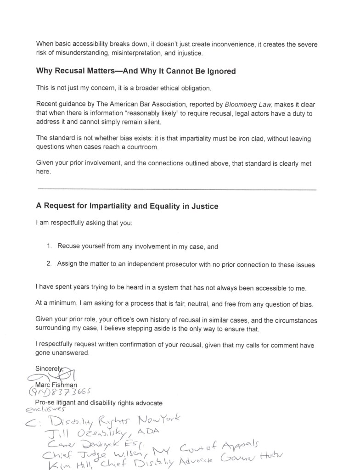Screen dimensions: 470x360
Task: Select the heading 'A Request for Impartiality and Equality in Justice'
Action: pos(127,206)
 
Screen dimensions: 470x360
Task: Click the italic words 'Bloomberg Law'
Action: pos(253,104)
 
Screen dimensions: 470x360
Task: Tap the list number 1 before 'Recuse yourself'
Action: pos(49,246)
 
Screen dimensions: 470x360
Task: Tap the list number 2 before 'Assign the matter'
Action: pos(49,264)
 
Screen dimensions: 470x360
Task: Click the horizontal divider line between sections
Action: pos(176,189)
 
